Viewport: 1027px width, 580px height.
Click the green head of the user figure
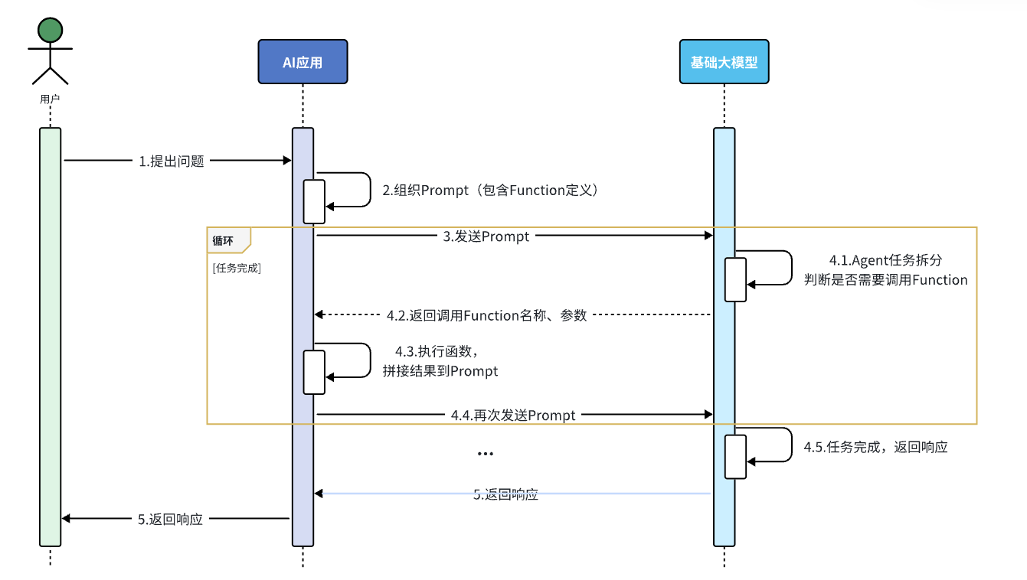click(50, 31)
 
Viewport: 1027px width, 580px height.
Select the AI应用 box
click(303, 61)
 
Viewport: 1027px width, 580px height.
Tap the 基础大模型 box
click(724, 61)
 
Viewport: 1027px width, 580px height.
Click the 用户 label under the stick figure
click(50, 99)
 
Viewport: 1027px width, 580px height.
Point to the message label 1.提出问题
click(172, 161)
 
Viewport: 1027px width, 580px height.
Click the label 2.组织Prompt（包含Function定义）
click(490, 190)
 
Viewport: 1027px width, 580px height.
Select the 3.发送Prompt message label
click(486, 236)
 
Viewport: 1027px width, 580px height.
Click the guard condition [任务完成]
click(237, 268)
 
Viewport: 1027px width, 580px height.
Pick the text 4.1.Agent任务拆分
click(885, 260)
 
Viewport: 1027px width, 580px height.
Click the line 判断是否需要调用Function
click(885, 280)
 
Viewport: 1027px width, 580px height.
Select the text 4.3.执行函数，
click(437, 351)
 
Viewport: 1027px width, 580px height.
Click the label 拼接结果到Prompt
click(440, 370)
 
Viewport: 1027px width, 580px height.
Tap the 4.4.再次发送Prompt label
click(513, 415)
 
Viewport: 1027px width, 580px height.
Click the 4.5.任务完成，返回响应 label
click(875, 447)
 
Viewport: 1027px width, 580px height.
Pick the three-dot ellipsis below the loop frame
click(485, 454)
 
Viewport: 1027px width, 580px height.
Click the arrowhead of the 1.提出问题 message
click(287, 161)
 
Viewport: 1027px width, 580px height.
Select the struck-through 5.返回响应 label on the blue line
click(505, 494)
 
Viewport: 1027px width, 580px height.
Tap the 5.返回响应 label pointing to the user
click(170, 519)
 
